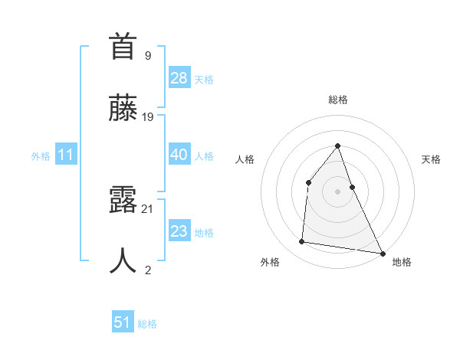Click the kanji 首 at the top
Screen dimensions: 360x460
123,47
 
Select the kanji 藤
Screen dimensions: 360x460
123,108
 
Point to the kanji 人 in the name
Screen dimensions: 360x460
123,261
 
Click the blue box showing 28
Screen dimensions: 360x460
179,78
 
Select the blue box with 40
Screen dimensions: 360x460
179,155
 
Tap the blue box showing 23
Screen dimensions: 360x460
179,231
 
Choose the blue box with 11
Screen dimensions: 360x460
66,155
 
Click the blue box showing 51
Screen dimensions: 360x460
123,322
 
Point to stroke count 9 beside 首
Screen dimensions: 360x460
148,55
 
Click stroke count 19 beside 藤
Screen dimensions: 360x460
148,117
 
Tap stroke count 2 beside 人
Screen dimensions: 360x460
148,270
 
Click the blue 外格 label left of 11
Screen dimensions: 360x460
41,156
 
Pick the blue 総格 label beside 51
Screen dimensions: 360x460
147,324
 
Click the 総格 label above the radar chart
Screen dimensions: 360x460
337,100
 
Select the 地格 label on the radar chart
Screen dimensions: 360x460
402,262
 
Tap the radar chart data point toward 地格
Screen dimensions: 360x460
382,253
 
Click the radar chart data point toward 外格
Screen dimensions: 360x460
302,242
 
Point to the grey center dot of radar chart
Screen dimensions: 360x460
337,191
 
